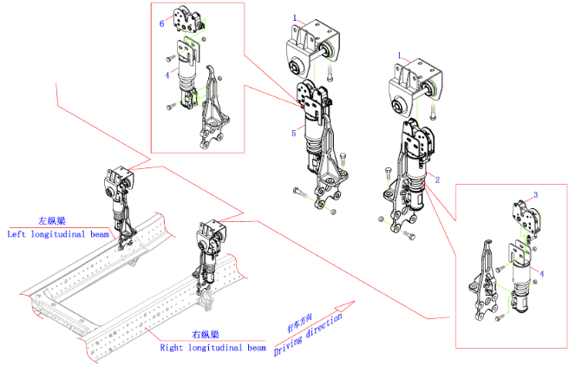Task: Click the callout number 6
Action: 162,23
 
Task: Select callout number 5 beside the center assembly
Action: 293,133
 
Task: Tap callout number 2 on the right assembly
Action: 437,180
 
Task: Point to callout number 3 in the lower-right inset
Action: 536,195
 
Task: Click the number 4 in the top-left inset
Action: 167,75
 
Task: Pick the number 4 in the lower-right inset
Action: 541,274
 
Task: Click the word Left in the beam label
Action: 16,234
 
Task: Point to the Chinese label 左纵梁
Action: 52,221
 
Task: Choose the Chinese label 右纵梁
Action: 206,335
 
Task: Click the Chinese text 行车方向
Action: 300,323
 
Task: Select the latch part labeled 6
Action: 188,21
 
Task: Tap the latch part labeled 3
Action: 527,219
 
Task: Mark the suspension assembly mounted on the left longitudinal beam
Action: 120,206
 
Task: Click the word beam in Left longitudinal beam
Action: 100,234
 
